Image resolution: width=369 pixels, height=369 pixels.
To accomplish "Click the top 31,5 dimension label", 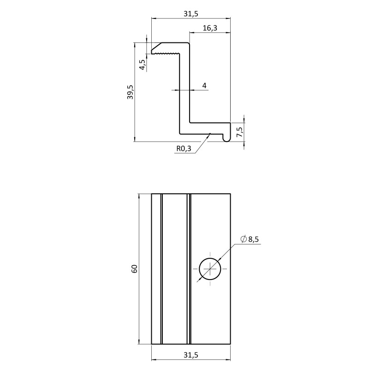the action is (191, 14).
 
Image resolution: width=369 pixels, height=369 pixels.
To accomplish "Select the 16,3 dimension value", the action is (210, 28).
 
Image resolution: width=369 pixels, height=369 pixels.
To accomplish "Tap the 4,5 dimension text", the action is (143, 65).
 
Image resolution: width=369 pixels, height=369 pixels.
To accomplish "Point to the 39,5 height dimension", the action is (130, 92).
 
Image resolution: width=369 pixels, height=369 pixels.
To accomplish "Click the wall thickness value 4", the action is (204, 86).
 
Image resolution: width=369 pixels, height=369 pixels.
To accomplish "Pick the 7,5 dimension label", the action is (239, 132).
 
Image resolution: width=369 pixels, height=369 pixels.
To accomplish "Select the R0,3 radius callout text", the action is (184, 149).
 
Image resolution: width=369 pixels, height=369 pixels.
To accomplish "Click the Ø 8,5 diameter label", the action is (250, 239).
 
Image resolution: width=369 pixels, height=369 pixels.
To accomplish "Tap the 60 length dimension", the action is (134, 269).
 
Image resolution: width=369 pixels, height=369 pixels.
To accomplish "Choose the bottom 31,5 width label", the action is (191, 355).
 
